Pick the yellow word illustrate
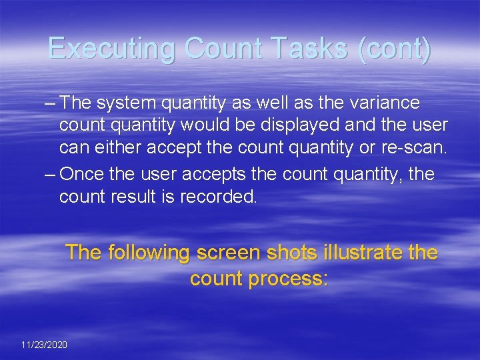[362, 253]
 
